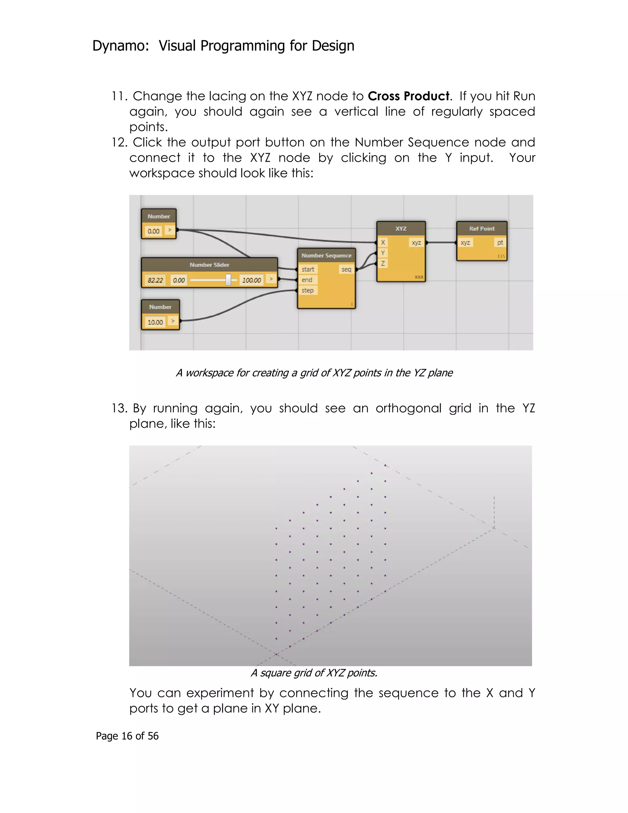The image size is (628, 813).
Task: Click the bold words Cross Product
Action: (x=408, y=96)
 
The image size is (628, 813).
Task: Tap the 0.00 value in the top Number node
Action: (x=153, y=231)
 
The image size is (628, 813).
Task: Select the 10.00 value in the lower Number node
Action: (x=155, y=322)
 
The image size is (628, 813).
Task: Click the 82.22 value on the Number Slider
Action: (x=155, y=280)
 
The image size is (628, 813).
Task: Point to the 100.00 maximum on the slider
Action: (x=251, y=280)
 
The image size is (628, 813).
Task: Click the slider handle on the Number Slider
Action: (x=228, y=279)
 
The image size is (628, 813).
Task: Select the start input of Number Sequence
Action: (x=308, y=269)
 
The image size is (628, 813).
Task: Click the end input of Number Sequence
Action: (x=307, y=280)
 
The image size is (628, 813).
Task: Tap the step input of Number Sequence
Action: (x=307, y=290)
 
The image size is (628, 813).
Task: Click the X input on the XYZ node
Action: (x=383, y=242)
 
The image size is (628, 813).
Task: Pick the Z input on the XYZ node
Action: (x=383, y=263)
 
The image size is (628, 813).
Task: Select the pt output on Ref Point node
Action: (x=500, y=242)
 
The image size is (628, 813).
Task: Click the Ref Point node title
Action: (x=482, y=229)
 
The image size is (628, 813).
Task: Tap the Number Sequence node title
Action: (x=326, y=255)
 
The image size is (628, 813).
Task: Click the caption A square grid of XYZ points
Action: (x=314, y=673)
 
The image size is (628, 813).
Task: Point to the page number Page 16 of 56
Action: (x=127, y=736)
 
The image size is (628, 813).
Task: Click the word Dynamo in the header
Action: (x=118, y=46)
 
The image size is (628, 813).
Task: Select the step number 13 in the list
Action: (x=119, y=408)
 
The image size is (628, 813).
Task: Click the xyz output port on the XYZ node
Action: (x=416, y=242)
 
